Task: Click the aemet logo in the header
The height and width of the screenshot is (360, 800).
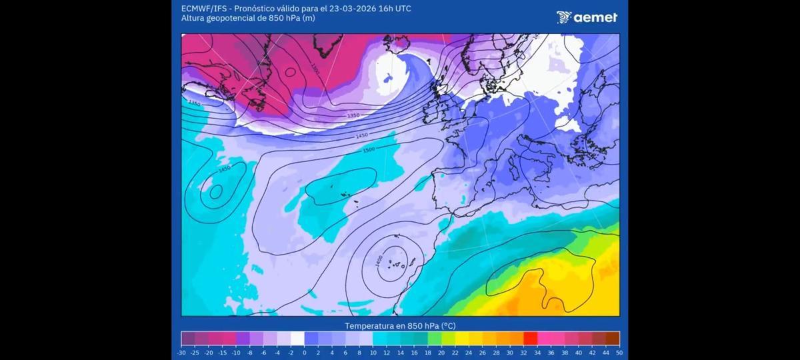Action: point(587,17)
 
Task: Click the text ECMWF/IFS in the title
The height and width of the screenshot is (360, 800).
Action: point(203,8)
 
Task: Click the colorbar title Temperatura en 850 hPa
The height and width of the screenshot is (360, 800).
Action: point(400,326)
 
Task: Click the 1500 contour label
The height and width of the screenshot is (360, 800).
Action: point(369,150)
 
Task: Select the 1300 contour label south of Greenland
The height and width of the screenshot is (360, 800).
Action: point(315,69)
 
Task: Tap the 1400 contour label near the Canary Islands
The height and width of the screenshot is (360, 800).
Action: point(378,262)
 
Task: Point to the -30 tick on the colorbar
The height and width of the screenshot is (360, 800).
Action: point(181,353)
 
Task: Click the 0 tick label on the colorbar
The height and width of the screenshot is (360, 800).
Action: point(305,353)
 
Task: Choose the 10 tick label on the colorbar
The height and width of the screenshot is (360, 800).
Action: point(373,353)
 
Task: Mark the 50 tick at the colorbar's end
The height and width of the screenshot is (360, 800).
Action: point(619,353)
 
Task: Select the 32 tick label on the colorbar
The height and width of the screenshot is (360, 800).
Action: point(523,353)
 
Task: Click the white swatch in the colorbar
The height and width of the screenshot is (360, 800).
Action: point(297,338)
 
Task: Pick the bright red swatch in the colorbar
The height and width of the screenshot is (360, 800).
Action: point(530,338)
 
